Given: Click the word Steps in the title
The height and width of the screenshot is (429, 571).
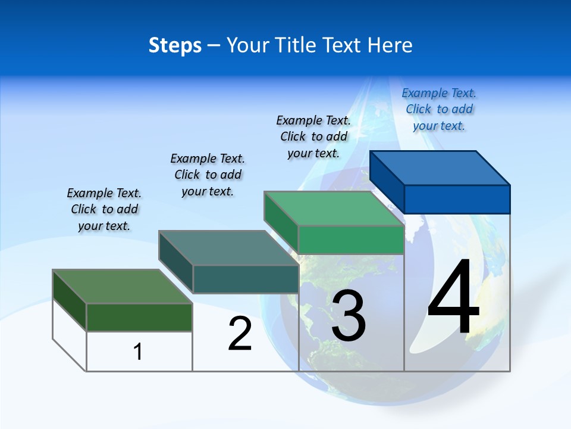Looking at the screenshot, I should pyautogui.click(x=175, y=45).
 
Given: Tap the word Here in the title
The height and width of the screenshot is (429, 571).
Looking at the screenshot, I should pyautogui.click(x=391, y=45).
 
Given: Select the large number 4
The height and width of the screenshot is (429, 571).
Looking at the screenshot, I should pyautogui.click(x=453, y=298).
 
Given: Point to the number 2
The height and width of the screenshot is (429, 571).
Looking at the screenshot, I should pyautogui.click(x=240, y=334).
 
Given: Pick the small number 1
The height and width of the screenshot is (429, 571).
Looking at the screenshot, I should pyautogui.click(x=138, y=352).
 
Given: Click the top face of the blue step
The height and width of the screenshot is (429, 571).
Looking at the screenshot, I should pyautogui.click(x=440, y=167).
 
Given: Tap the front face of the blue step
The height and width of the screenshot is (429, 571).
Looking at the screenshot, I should pyautogui.click(x=457, y=199).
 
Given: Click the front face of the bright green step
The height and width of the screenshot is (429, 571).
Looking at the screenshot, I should pyautogui.click(x=351, y=240).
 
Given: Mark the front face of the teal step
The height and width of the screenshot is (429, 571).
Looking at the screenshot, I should pyautogui.click(x=245, y=279).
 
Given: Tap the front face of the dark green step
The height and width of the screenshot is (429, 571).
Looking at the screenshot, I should pyautogui.click(x=139, y=317).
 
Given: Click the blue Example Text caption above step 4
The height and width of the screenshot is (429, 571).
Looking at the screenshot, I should pyautogui.click(x=439, y=109).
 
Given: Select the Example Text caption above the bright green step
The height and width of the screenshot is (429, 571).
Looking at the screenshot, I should pyautogui.click(x=313, y=136).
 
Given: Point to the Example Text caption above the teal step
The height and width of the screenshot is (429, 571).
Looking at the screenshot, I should pyautogui.click(x=208, y=175).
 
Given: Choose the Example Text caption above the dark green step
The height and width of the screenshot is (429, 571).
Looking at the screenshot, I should pyautogui.click(x=104, y=209).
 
